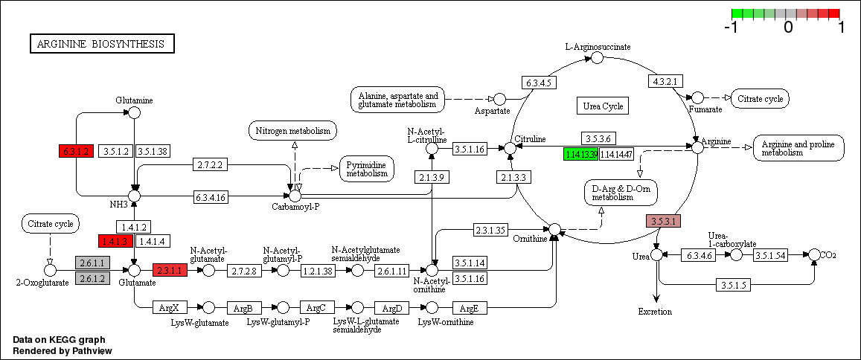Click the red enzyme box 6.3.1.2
click(x=76, y=151)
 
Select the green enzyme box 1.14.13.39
click(x=581, y=154)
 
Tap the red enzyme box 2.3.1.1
click(x=169, y=270)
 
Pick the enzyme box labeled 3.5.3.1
click(x=663, y=221)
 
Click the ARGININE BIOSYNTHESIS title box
click(x=102, y=44)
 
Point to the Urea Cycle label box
click(x=602, y=106)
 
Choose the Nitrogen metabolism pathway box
click(x=292, y=131)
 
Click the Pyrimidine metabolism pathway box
click(x=366, y=168)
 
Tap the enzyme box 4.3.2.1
click(x=665, y=81)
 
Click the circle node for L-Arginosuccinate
click(x=597, y=58)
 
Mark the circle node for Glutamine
click(x=134, y=112)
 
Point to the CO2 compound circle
click(x=814, y=254)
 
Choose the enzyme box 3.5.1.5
click(x=734, y=285)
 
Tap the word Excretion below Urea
click(x=655, y=312)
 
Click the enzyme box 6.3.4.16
click(x=213, y=197)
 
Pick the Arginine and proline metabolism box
click(x=798, y=147)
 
